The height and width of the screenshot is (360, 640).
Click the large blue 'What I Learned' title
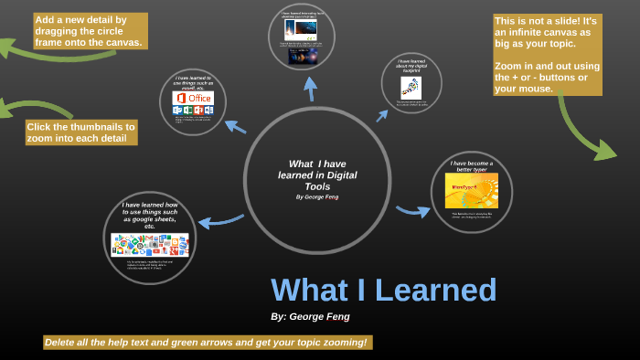(x=383, y=290)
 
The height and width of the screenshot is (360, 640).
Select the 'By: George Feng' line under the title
(x=310, y=316)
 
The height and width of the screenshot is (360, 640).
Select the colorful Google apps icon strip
(x=150, y=244)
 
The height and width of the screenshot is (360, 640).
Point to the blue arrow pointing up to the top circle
(x=310, y=89)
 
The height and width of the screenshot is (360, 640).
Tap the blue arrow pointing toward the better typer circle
(x=412, y=211)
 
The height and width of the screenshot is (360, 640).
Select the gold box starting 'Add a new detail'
(x=89, y=30)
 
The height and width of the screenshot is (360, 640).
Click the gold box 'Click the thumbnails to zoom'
(x=80, y=132)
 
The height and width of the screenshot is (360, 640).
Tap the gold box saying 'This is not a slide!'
(x=547, y=55)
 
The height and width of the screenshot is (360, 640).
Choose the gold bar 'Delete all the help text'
(x=207, y=342)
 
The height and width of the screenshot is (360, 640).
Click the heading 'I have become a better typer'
(x=472, y=166)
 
